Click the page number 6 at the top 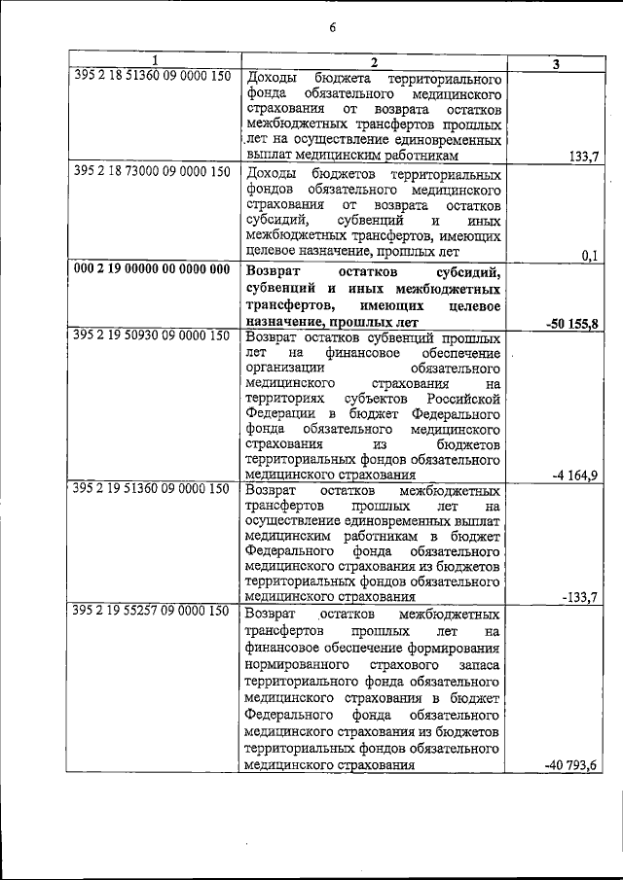point(331,27)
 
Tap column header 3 point(555,63)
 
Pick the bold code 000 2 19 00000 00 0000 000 point(152,268)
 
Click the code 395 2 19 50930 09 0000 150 point(152,335)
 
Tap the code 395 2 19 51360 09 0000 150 point(152,488)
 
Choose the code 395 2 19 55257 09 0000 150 point(152,612)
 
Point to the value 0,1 point(587,255)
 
